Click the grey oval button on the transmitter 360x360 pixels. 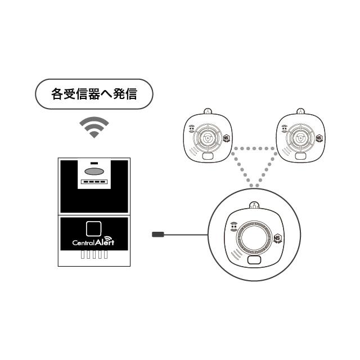pos(94,171)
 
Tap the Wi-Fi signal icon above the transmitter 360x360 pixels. pos(94,128)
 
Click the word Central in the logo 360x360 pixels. pos(83,242)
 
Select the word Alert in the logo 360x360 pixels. pos(105,241)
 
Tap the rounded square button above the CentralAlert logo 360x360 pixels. pos(94,229)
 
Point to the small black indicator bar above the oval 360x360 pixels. pos(94,163)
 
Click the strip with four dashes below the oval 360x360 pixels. pos(94,182)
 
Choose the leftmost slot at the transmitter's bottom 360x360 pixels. pos(83,255)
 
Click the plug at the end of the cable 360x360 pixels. pos(158,235)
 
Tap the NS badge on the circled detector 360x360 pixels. pos(277,238)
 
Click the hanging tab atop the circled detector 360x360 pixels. pos(254,205)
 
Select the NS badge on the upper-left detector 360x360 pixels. pos(227,138)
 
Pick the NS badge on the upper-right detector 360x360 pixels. pos(319,138)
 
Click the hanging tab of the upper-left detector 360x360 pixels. pos(208,111)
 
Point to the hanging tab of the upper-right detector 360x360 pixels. pos(300,111)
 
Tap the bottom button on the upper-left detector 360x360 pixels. pos(208,156)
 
